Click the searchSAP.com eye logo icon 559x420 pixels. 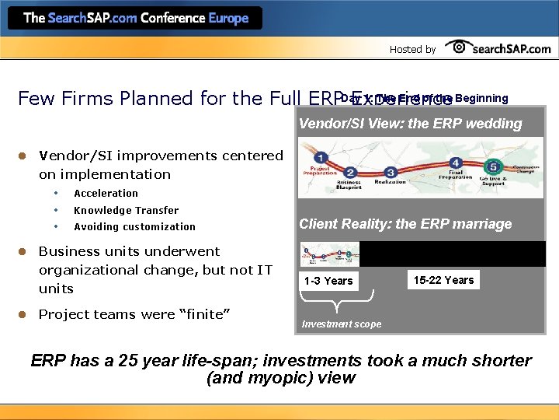460,47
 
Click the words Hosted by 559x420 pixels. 412,49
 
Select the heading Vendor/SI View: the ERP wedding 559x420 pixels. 411,124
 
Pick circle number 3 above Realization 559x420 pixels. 392,172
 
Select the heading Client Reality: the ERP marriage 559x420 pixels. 405,224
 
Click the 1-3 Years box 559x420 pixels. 328,281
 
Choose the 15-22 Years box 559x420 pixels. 443,280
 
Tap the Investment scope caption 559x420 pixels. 342,324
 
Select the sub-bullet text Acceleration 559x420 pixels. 106,194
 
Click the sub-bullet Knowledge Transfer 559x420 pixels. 126,211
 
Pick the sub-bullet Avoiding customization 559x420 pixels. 134,227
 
